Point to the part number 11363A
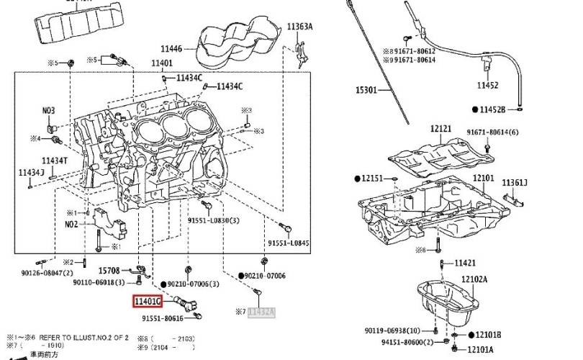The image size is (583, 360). click(x=300, y=27)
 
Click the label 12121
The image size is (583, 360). click(x=440, y=129)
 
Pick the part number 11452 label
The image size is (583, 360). click(x=487, y=86)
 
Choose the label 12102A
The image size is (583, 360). click(x=474, y=279)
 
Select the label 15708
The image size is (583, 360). click(x=109, y=271)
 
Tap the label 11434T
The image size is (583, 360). click(x=54, y=160)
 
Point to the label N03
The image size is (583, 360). click(x=48, y=111)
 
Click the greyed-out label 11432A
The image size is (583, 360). click(x=261, y=312)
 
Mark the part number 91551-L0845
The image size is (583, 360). click(x=288, y=243)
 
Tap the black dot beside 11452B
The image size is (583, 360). click(x=475, y=109)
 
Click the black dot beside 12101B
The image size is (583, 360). click(x=472, y=335)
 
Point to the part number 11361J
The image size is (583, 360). click(x=515, y=183)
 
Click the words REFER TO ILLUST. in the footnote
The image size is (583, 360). click(x=65, y=337)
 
